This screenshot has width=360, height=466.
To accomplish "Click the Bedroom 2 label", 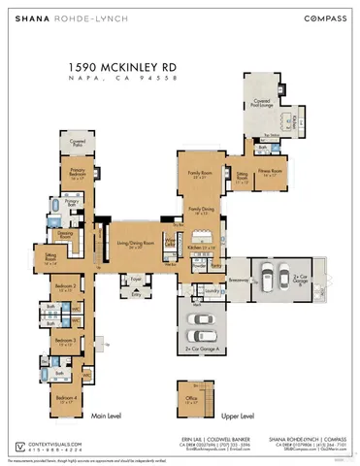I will point(65,286).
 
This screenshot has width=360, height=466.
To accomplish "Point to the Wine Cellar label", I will point(170,242).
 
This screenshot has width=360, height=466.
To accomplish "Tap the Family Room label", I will point(200,175).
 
